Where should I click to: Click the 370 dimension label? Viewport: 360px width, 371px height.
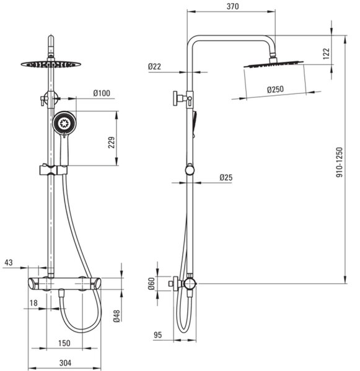click(232, 6)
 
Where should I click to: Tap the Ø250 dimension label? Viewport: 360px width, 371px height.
click(275, 90)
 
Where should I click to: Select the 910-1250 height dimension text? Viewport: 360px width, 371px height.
click(340, 162)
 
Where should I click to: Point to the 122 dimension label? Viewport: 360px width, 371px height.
click(327, 53)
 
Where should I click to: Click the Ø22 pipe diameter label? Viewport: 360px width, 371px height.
click(154, 67)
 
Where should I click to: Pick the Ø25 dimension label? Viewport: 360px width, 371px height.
click(226, 177)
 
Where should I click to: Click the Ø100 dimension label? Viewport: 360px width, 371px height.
click(102, 93)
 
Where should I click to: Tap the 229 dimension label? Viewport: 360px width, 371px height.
click(112, 142)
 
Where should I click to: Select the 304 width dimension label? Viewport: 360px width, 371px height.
click(65, 363)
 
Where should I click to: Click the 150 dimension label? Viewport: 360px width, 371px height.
click(64, 343)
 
